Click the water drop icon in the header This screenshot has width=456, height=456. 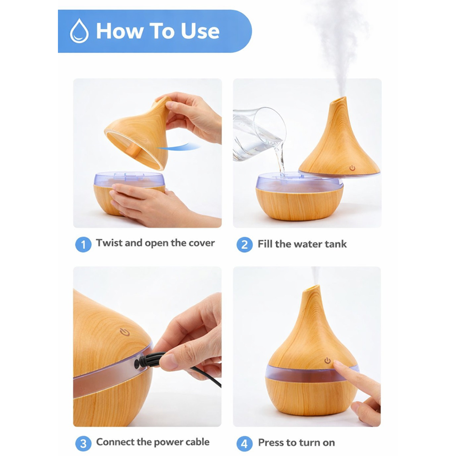[79, 31]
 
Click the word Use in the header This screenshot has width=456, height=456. [200, 31]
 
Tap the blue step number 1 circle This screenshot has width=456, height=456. [83, 244]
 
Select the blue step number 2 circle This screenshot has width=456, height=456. [244, 244]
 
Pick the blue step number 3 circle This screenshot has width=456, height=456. [83, 444]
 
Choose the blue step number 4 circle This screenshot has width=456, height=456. [244, 444]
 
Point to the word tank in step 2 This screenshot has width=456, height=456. [336, 244]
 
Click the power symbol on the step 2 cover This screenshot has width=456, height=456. [352, 168]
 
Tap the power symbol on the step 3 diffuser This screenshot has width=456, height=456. [124, 332]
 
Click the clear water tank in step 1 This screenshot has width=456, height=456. [130, 179]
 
